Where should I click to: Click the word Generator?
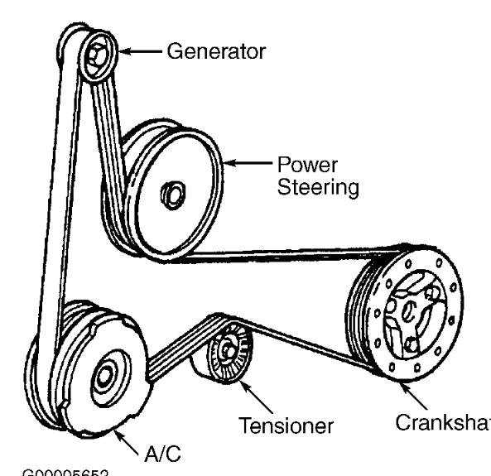tap(216, 51)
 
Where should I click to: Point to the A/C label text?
tap(160, 453)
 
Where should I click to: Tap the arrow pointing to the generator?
tap(141, 51)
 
